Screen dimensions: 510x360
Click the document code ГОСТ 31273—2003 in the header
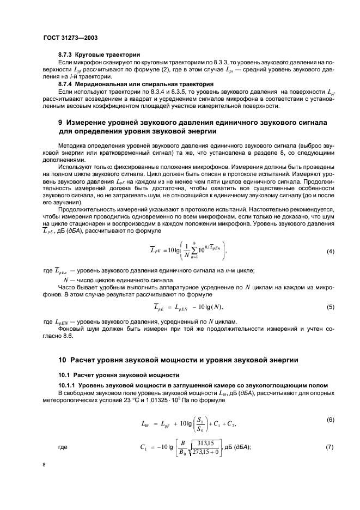74,38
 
